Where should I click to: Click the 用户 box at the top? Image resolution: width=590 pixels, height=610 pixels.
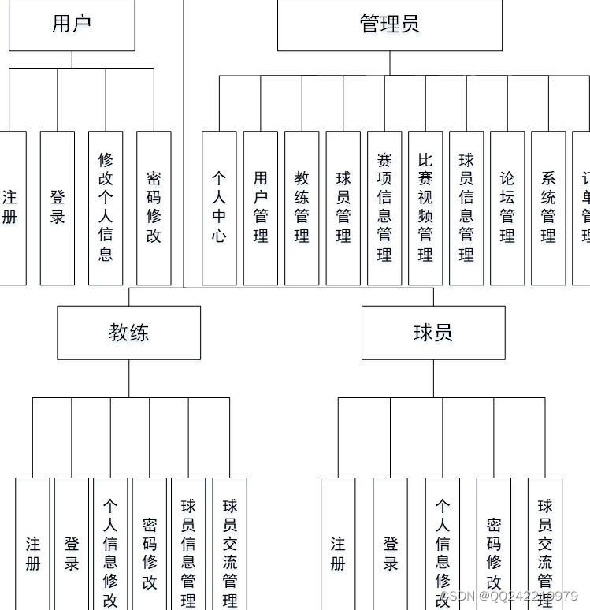tap(72, 24)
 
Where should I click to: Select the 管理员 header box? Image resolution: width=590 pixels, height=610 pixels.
tap(389, 24)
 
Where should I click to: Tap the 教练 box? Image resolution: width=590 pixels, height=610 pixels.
tap(128, 333)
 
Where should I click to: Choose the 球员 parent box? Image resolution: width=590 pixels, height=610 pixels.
tap(433, 333)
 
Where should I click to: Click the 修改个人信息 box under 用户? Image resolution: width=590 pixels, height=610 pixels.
tap(106, 207)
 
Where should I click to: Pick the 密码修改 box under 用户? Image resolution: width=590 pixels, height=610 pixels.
tap(154, 207)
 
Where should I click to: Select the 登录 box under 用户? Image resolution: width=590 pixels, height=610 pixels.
tap(58, 207)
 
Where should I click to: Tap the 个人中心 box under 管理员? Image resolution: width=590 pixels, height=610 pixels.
tap(219, 207)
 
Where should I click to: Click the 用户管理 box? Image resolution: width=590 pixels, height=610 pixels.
tap(261, 207)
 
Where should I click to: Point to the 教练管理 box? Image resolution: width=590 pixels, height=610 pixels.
tap(302, 207)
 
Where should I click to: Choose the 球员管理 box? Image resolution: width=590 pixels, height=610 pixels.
tap(343, 207)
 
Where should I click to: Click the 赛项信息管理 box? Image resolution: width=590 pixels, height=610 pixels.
tap(384, 207)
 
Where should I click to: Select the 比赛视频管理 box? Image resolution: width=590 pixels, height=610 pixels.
tap(425, 207)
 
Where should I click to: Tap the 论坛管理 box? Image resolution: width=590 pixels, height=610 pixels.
tap(507, 207)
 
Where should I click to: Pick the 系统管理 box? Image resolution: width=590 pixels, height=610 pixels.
tap(548, 207)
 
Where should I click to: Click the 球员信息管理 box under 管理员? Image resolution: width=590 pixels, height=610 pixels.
tap(466, 207)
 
